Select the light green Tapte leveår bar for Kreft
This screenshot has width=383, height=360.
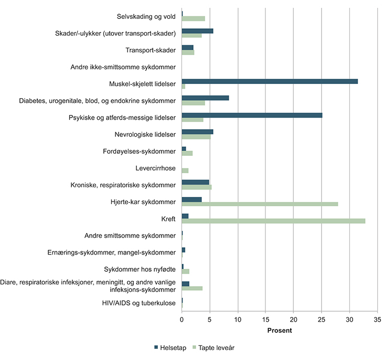(273, 221)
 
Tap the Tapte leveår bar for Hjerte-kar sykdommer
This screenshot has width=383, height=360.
(260, 204)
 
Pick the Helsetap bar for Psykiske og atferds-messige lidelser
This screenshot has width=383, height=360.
(252, 115)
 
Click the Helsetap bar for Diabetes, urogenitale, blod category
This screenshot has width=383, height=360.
(205, 98)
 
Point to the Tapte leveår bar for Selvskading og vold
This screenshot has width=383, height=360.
(193, 19)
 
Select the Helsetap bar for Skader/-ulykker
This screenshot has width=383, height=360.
(197, 31)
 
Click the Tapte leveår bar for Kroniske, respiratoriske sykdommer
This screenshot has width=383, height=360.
(197, 187)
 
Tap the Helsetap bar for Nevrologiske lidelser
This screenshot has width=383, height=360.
(197, 132)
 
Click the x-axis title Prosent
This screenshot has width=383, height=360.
(279, 331)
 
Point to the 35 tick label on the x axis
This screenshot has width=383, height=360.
(377, 319)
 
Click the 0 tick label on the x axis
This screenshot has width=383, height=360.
(182, 319)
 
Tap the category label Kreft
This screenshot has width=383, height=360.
(168, 218)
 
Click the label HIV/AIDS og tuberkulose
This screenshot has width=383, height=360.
(139, 302)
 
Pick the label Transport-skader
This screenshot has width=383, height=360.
(151, 50)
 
